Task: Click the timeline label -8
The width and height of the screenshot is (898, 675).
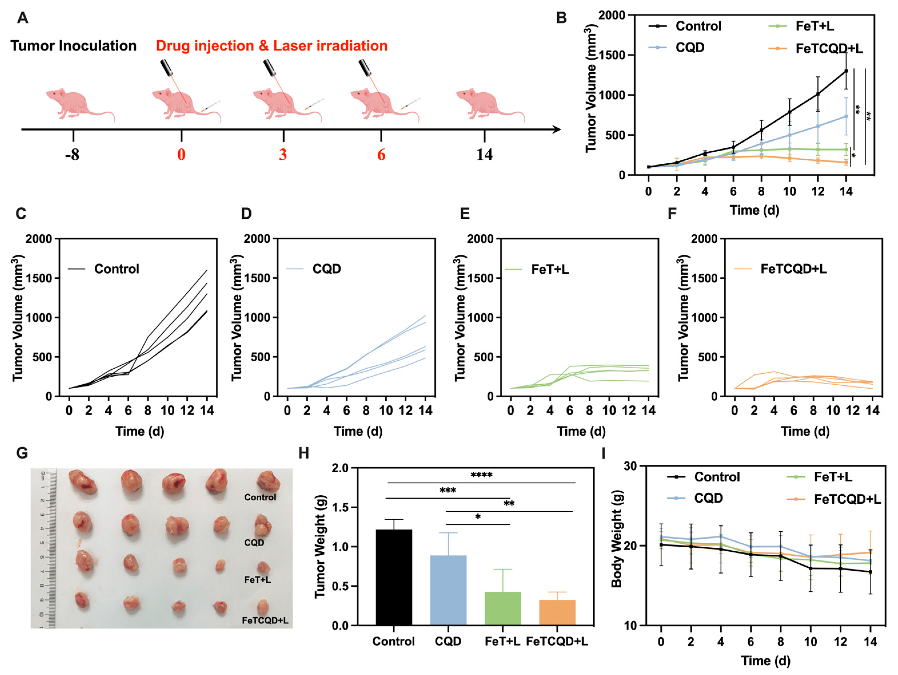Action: coord(72,155)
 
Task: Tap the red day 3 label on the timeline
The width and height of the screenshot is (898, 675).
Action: coord(283,155)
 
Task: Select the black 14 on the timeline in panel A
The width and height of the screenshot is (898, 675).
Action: coord(484,155)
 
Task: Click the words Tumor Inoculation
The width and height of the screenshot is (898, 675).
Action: coord(73,46)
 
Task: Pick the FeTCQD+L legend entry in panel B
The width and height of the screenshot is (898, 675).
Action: coord(829,49)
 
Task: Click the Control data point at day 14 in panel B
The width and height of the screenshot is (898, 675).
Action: coord(846,71)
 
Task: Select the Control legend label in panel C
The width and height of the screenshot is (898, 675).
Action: coord(117,269)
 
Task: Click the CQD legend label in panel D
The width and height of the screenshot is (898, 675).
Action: coord(326,269)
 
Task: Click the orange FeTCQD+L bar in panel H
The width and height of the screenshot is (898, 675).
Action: coord(557,612)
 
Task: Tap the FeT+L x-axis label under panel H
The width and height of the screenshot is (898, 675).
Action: coord(502,641)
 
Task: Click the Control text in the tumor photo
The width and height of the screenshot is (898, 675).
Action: coord(260,497)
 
